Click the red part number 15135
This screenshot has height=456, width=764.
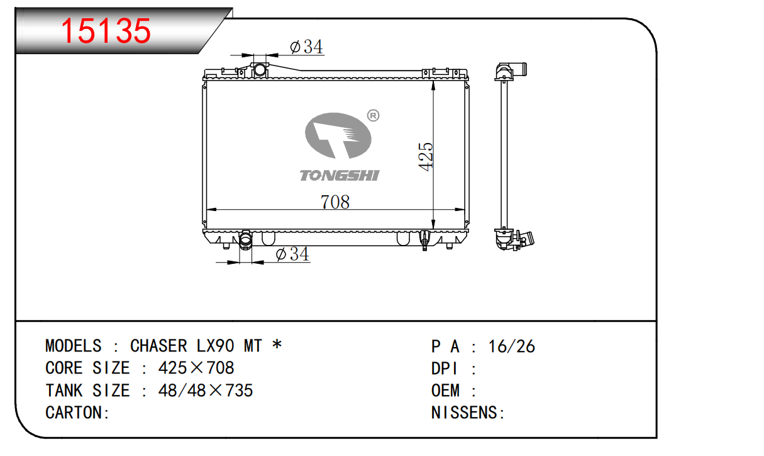coord(106,31)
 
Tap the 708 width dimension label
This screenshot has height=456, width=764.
coord(335,202)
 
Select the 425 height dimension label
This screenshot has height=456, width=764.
coord(426,157)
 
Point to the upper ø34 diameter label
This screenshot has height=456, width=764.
coord(306,47)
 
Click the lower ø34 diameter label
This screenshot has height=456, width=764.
coord(292,254)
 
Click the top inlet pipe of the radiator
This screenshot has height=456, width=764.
coord(260,69)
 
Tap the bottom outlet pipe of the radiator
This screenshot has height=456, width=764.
coord(245,241)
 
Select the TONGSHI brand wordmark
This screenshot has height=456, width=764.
coord(340,175)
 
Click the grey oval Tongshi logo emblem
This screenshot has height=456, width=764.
coord(338,135)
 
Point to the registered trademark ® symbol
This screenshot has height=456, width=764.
coord(373,115)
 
